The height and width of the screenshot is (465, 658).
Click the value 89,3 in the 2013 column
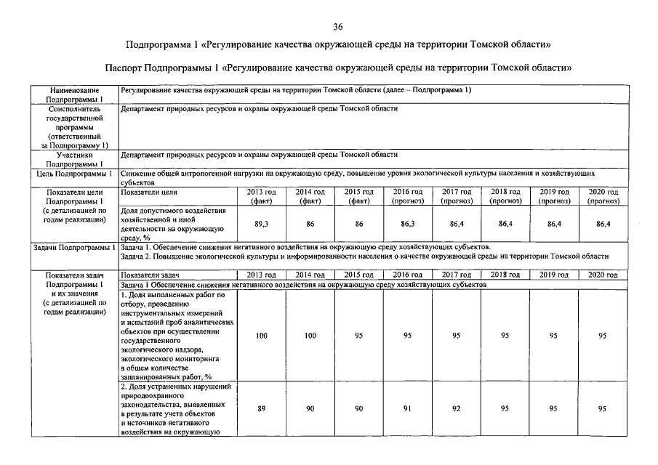[x=262, y=225]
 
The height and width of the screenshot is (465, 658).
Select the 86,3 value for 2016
[x=408, y=225]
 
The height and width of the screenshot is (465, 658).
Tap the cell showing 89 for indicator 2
[x=261, y=409]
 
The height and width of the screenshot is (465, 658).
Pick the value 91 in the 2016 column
[x=408, y=409]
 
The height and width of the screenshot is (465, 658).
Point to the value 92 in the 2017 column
[x=457, y=409]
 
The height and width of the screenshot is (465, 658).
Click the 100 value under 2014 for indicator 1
[x=310, y=336]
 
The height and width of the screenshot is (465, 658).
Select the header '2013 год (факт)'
[x=261, y=196]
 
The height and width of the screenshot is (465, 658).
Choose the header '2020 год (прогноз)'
[x=603, y=196]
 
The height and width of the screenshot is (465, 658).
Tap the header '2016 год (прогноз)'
[x=408, y=196]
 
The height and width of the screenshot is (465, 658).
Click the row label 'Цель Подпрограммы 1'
[x=73, y=174]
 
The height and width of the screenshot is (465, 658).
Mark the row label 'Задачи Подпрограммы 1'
[x=73, y=248]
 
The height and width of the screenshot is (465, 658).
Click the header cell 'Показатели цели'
[x=149, y=192]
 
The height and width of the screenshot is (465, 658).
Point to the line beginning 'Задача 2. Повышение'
[x=364, y=256]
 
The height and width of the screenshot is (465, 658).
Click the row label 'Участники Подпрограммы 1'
[x=73, y=159]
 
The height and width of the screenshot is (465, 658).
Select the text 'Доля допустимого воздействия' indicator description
[x=174, y=211]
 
